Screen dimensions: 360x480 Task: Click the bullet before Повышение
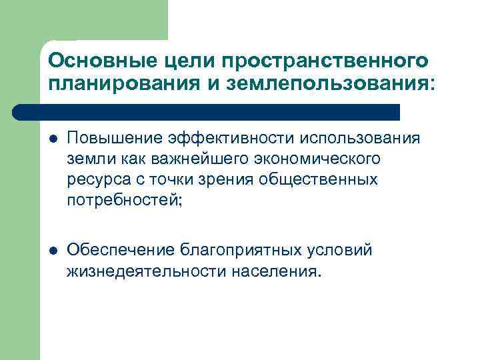click(x=53, y=139)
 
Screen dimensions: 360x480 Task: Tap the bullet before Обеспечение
click(x=53, y=251)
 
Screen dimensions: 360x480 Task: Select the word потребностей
click(x=121, y=200)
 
